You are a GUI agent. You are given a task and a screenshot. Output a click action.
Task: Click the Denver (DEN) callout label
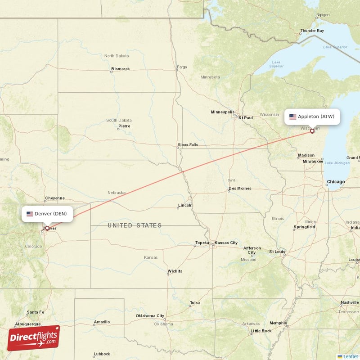point(47,214)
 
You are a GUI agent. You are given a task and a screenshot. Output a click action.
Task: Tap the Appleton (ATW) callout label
point(312,117)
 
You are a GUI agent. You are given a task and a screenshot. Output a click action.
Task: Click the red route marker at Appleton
point(312,131)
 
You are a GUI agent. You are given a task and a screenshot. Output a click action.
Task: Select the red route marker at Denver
point(47,228)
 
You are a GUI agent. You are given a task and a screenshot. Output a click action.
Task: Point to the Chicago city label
point(336,182)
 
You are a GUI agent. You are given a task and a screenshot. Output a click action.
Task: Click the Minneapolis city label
point(223,112)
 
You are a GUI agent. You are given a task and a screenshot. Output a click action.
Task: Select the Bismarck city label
point(121,69)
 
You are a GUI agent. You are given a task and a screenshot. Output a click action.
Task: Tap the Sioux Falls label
point(188,145)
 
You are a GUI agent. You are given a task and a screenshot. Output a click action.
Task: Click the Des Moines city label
point(240,188)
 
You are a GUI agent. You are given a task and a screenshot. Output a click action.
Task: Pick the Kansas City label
point(226,243)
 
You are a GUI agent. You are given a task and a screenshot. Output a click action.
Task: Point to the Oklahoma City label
point(150,316)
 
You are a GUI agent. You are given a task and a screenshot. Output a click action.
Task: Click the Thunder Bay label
point(312,31)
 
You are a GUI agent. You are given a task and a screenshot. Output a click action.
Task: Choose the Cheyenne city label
point(55,198)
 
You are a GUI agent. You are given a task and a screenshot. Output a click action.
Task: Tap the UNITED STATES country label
point(135,225)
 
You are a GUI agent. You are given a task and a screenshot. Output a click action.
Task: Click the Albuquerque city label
point(28,324)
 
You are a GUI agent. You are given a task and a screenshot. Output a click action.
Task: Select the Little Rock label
point(261,331)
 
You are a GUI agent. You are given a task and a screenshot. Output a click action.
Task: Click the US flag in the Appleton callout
point(293,117)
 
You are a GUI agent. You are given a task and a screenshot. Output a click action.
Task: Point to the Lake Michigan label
point(337,162)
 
